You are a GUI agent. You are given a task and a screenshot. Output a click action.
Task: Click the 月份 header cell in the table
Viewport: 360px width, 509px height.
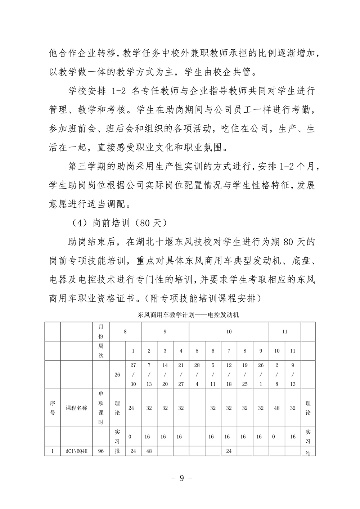coord(101,332)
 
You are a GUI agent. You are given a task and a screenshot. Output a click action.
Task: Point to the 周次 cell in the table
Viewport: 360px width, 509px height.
coord(101,351)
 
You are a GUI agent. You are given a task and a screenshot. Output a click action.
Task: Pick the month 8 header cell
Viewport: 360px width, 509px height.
coord(125,332)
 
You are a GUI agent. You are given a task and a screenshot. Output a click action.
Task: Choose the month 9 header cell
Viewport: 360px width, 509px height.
coord(165,332)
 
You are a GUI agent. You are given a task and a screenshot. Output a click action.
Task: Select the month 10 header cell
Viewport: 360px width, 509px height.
coord(229,332)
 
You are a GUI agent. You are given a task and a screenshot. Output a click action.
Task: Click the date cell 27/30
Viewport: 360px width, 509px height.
coord(133,374)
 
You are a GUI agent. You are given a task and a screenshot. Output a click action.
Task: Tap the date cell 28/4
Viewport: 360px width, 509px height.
coord(197,374)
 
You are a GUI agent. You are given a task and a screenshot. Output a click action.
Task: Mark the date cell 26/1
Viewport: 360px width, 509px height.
coord(261,374)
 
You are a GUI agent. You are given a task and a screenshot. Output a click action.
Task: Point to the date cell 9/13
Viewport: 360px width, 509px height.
coord(293,374)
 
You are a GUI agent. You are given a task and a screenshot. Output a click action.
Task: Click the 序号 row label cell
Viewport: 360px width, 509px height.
coord(53,408)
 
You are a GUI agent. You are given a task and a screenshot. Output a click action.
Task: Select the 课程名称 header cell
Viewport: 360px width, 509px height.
coord(76,408)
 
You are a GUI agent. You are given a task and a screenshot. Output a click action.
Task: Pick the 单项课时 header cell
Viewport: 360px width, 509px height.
coord(101,408)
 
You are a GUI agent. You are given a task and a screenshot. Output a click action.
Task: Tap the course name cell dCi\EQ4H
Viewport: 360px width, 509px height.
coord(76,451)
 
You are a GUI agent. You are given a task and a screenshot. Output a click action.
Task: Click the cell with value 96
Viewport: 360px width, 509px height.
coord(101,451)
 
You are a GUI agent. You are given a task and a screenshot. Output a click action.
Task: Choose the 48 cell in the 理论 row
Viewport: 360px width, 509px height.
coord(276,408)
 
